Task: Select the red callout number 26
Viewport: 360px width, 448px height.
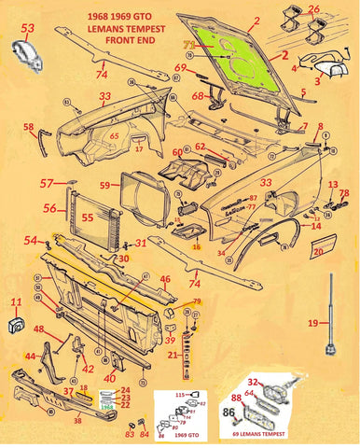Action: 340,10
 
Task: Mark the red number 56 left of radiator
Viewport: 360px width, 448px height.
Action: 50,209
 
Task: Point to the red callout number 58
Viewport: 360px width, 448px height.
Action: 29,127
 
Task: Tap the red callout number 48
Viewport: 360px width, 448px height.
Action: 39,329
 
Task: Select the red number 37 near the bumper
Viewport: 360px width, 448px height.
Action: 68,392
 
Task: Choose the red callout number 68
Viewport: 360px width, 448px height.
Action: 198,95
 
